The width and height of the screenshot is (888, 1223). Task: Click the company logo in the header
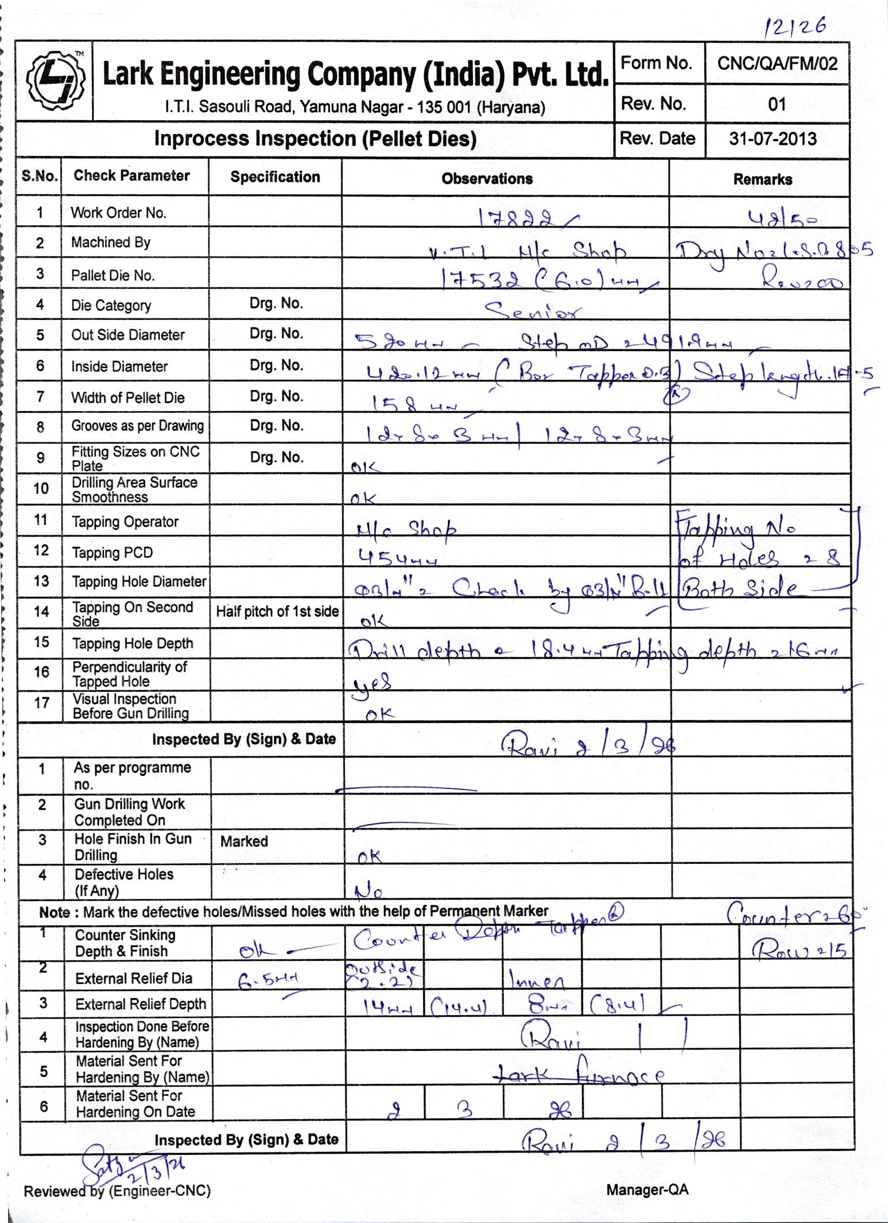coord(54,80)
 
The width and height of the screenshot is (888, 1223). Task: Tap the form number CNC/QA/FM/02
coord(777,64)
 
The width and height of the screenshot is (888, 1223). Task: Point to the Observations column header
coord(487,178)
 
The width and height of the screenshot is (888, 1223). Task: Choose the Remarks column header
coord(762,180)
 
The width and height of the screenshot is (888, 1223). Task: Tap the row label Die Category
coord(111,305)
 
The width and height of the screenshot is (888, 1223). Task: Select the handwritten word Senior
coord(533,311)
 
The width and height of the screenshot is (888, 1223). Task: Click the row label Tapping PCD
coord(112,553)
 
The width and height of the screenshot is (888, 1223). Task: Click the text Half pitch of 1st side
coord(277,612)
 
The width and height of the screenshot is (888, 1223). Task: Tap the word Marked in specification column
coord(244,841)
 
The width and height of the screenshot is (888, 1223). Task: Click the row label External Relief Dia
coord(133,978)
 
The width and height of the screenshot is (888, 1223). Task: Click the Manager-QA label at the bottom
coord(647,1190)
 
